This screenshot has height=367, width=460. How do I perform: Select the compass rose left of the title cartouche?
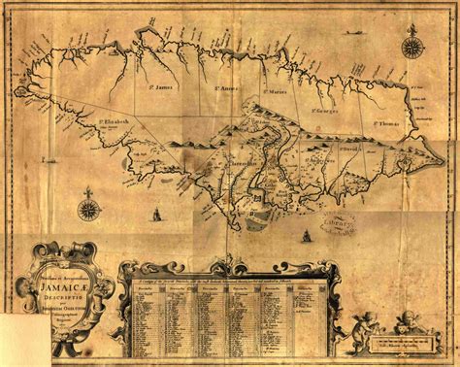89,207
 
